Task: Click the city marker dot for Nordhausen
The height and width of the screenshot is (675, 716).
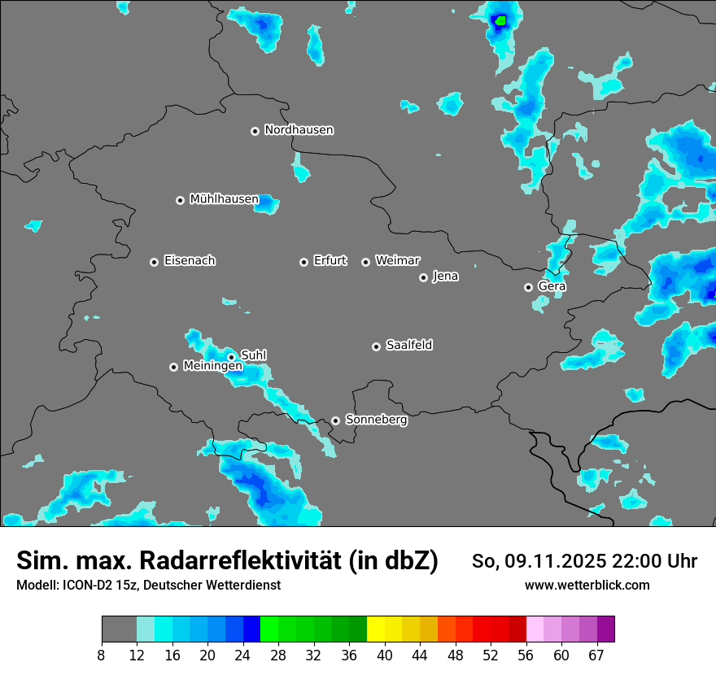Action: (x=255, y=131)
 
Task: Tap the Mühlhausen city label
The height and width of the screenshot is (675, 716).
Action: (x=224, y=199)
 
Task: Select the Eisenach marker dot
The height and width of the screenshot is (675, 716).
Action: (x=154, y=262)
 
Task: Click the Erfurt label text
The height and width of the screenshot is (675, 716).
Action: (x=330, y=261)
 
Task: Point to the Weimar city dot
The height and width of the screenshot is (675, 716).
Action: (x=365, y=262)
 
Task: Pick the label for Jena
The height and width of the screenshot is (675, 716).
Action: (x=445, y=277)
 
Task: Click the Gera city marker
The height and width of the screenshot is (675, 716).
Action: (x=528, y=287)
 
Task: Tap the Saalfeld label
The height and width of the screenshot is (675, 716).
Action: (x=408, y=346)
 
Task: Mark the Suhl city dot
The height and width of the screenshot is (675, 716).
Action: (x=231, y=356)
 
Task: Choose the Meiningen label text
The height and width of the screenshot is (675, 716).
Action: (x=212, y=367)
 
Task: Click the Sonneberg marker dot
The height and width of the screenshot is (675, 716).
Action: (x=335, y=421)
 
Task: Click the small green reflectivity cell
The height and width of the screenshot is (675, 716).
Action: (x=500, y=20)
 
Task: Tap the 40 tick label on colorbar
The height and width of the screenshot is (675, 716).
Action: (x=385, y=655)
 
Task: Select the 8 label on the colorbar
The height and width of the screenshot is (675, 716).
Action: (x=102, y=655)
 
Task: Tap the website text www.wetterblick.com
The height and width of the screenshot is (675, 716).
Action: (x=587, y=585)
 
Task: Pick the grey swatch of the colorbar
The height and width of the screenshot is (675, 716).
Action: (x=119, y=629)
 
